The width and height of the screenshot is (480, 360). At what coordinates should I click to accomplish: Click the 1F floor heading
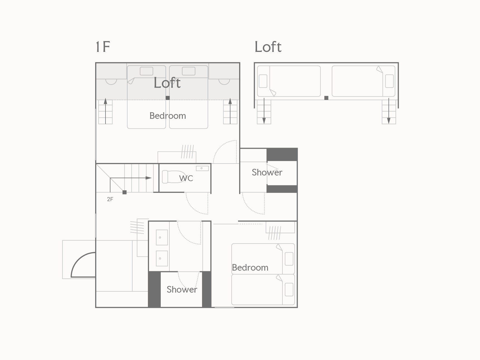point(103,47)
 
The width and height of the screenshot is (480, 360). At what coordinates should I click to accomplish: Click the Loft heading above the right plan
point(268,47)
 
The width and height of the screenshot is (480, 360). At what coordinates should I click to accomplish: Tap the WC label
point(186,178)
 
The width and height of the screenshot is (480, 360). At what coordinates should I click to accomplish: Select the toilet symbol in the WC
point(174,177)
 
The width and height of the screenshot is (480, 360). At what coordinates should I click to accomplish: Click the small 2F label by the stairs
point(110,199)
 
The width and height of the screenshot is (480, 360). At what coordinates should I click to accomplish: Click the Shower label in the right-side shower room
point(267,172)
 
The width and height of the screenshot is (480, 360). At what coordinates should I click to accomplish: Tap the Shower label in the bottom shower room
point(182,289)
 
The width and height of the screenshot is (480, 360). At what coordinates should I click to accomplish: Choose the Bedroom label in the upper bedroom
point(168,116)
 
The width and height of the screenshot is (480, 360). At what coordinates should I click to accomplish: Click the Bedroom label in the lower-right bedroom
point(250,267)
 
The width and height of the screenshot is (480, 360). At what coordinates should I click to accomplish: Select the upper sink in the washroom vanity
point(162,237)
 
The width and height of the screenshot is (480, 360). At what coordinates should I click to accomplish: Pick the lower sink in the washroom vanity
point(162,258)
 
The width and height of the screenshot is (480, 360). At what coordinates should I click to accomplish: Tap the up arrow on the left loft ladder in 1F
point(105,111)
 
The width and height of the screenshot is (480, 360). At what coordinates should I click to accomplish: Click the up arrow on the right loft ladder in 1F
point(230,111)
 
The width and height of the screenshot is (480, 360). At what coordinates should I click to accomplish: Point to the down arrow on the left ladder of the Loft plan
point(264,111)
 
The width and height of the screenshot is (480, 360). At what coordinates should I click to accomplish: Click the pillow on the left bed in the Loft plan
point(263,81)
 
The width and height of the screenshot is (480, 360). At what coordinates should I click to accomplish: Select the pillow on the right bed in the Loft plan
point(389,81)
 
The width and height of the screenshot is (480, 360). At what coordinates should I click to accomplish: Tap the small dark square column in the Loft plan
point(326,98)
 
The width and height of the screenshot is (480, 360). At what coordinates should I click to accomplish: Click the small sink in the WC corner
point(202,168)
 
